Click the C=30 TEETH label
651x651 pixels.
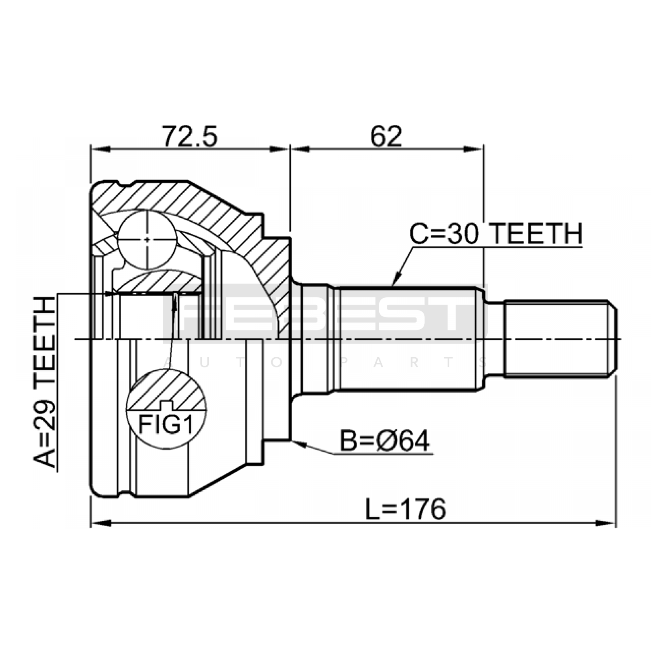(x=496, y=234)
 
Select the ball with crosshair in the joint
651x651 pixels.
(x=147, y=239)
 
